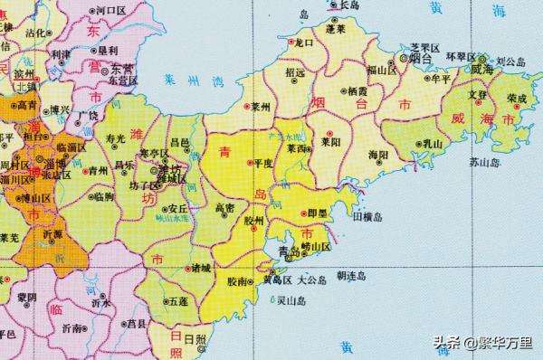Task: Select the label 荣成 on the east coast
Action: click(x=517, y=98)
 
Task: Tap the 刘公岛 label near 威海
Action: click(x=510, y=62)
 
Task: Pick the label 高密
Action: click(x=225, y=209)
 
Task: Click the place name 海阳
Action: click(x=377, y=156)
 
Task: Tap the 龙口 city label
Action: click(x=303, y=43)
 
